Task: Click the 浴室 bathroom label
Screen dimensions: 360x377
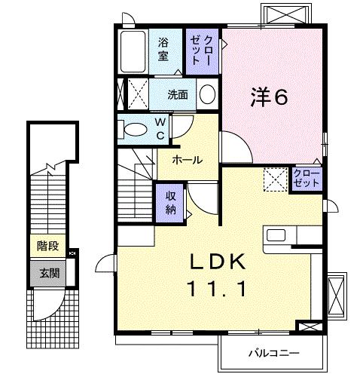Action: (163, 49)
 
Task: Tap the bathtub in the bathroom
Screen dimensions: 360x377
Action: (133, 51)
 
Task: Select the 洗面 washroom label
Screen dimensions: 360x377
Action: (178, 95)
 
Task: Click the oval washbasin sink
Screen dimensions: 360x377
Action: (207, 93)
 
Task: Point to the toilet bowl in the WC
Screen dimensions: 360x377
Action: (136, 130)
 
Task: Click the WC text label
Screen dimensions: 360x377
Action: (160, 129)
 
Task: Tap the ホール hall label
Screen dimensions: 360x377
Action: (188, 160)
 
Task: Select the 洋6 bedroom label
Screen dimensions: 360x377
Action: (269, 97)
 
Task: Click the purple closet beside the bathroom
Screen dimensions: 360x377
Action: (202, 51)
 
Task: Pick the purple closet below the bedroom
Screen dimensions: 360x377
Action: (307, 179)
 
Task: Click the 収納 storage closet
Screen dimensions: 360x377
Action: (170, 203)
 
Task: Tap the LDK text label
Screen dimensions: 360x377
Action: (218, 262)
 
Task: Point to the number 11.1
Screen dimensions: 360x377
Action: (217, 289)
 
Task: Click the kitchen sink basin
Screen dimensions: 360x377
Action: (276, 235)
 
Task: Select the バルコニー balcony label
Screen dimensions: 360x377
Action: (273, 354)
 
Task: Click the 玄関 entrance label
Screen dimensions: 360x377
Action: (50, 273)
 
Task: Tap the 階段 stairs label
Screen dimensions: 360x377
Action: (47, 246)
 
